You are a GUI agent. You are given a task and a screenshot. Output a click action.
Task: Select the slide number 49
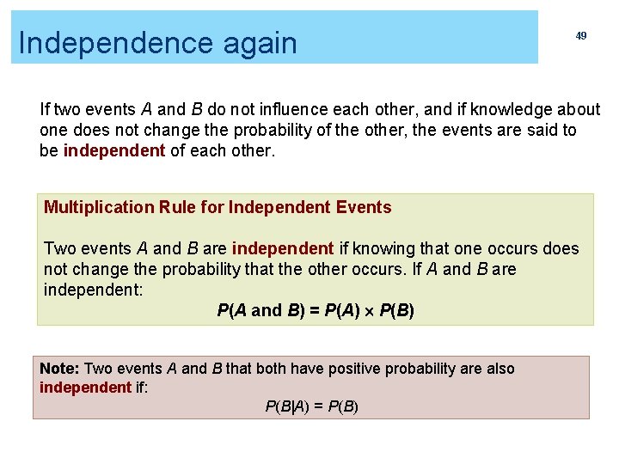(x=581, y=36)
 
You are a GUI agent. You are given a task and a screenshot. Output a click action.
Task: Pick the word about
(x=579, y=109)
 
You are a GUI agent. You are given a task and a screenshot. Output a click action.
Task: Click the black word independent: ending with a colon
(x=94, y=290)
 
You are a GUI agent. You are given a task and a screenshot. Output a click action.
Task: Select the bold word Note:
(x=59, y=369)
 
